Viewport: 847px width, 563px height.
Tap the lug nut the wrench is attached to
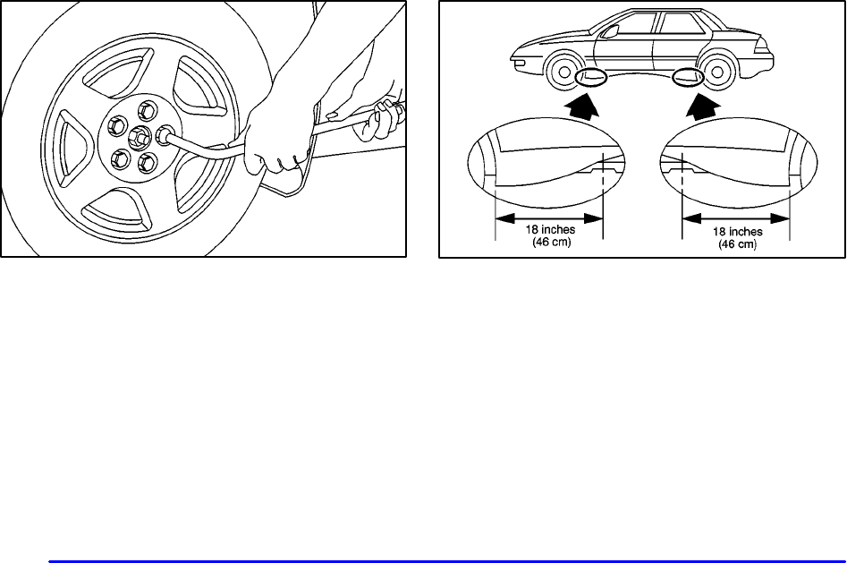coord(165,135)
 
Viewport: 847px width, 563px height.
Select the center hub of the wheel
coord(139,138)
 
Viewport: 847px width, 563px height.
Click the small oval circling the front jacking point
coord(591,79)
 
